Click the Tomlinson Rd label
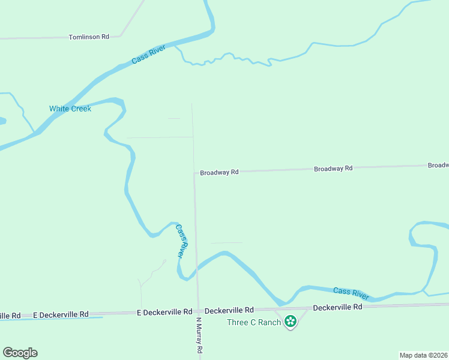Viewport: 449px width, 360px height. coord(89,37)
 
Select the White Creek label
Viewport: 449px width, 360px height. coord(70,109)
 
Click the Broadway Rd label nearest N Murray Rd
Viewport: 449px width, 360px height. coord(219,172)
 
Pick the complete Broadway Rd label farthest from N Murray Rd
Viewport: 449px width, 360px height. coord(333,169)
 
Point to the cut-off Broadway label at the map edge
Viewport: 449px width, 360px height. coord(438,165)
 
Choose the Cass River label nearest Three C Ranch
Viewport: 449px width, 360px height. coord(351,293)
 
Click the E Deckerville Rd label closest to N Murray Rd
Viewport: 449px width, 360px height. coord(164,312)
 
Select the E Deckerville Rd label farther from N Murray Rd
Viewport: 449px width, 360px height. coord(61,314)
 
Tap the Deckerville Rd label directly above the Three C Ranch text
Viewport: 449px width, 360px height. coord(229,310)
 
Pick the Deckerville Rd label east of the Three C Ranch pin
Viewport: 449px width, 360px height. coord(338,307)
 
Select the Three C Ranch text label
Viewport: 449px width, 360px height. coord(254,322)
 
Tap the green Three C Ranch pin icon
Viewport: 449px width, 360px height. coord(291,322)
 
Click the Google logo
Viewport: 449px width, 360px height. coord(20,353)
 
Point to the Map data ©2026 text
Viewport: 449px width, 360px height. coord(424,355)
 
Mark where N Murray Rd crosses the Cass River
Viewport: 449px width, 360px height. coord(196,268)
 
